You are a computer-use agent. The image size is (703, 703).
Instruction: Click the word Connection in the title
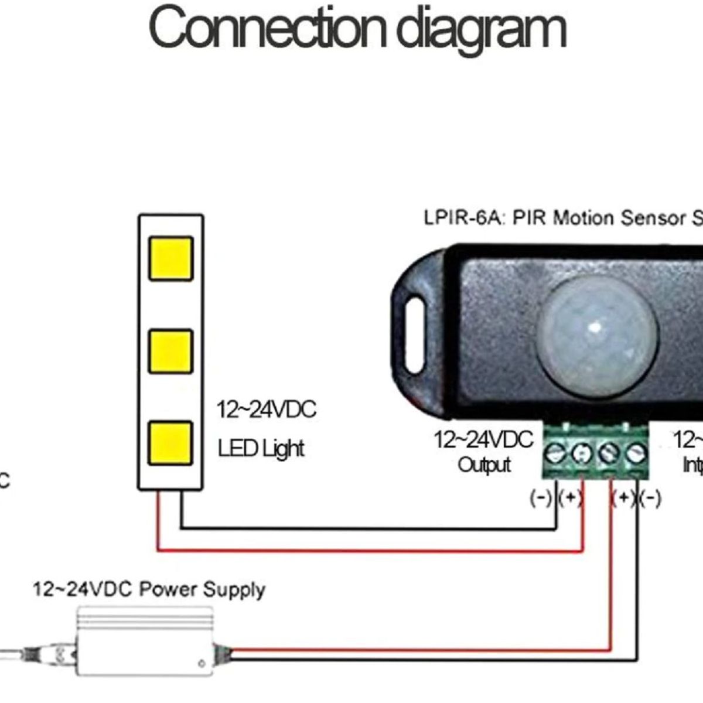click(x=267, y=28)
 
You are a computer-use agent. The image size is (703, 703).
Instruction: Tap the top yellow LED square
click(x=170, y=258)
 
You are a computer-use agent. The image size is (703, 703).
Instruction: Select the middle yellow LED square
click(x=170, y=351)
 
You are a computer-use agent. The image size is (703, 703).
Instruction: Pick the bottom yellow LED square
click(x=170, y=443)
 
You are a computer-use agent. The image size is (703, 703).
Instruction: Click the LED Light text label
click(x=261, y=449)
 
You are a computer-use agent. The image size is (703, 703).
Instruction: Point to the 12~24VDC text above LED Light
click(x=267, y=409)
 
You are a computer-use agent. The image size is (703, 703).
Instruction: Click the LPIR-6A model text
click(x=463, y=218)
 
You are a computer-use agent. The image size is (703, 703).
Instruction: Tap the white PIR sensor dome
click(x=595, y=328)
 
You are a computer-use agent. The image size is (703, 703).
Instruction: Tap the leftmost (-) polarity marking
click(x=541, y=498)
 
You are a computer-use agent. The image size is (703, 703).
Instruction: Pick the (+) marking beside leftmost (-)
click(x=570, y=498)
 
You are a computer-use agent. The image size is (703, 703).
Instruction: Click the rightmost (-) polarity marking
click(x=650, y=498)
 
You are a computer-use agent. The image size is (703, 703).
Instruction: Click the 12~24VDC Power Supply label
click(x=149, y=589)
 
